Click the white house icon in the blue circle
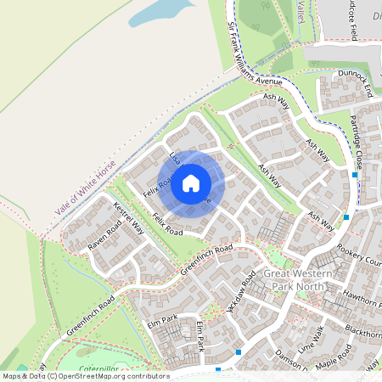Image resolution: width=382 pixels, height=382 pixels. (x=191, y=183)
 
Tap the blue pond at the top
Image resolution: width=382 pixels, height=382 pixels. (x=166, y=12)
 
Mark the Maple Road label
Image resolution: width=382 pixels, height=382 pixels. (x=333, y=354)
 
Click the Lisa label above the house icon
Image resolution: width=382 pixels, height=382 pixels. (x=175, y=158)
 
